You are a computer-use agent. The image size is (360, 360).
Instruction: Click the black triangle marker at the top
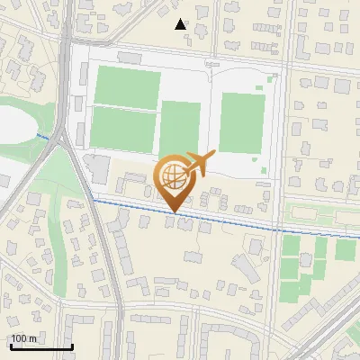(181, 24)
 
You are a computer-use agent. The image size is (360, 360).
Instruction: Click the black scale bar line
(40, 347)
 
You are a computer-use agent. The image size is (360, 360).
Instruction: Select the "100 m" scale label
(23, 338)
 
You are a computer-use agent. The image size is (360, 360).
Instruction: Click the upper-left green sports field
(127, 86)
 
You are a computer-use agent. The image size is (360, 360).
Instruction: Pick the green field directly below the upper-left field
(123, 130)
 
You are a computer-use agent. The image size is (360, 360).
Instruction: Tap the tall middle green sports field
(180, 128)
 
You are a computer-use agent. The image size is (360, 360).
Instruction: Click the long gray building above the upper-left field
(125, 57)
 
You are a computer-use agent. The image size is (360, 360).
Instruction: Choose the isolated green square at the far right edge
(346, 249)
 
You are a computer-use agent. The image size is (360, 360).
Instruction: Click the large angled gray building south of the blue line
(245, 265)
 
